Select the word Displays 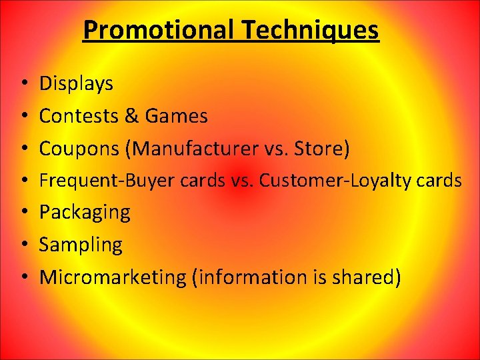[76, 84]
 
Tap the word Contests [79, 116]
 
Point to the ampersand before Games [132, 116]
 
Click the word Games [176, 116]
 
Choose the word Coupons [78, 149]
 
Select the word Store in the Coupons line [323, 149]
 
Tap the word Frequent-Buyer [109, 181]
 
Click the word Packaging [85, 213]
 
